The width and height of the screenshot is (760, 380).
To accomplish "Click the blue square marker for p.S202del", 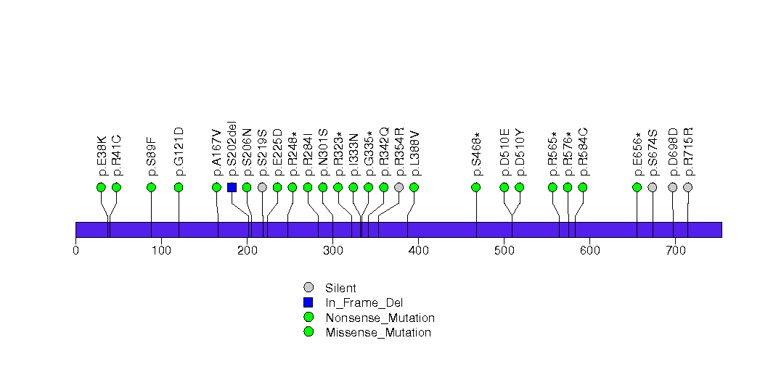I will tap(232, 187).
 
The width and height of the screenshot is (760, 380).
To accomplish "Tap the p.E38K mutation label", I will tap(102, 155).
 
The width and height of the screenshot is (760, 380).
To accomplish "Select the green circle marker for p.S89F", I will tap(151, 187).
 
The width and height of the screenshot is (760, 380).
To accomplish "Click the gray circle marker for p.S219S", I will tap(262, 187).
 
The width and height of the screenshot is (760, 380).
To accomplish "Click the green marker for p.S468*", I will tap(476, 187).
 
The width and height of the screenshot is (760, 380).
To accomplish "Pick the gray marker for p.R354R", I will tap(399, 187).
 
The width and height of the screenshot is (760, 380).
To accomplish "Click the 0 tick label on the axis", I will tap(75, 251).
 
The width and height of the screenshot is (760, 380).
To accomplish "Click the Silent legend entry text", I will tap(341, 288).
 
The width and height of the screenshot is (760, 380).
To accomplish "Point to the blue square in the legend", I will tap(309, 302).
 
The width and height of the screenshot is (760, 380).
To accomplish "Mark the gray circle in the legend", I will tap(309, 288).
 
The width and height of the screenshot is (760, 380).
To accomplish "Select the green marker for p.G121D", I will tap(179, 187).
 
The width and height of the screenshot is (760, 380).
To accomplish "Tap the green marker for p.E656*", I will tap(637, 187).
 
